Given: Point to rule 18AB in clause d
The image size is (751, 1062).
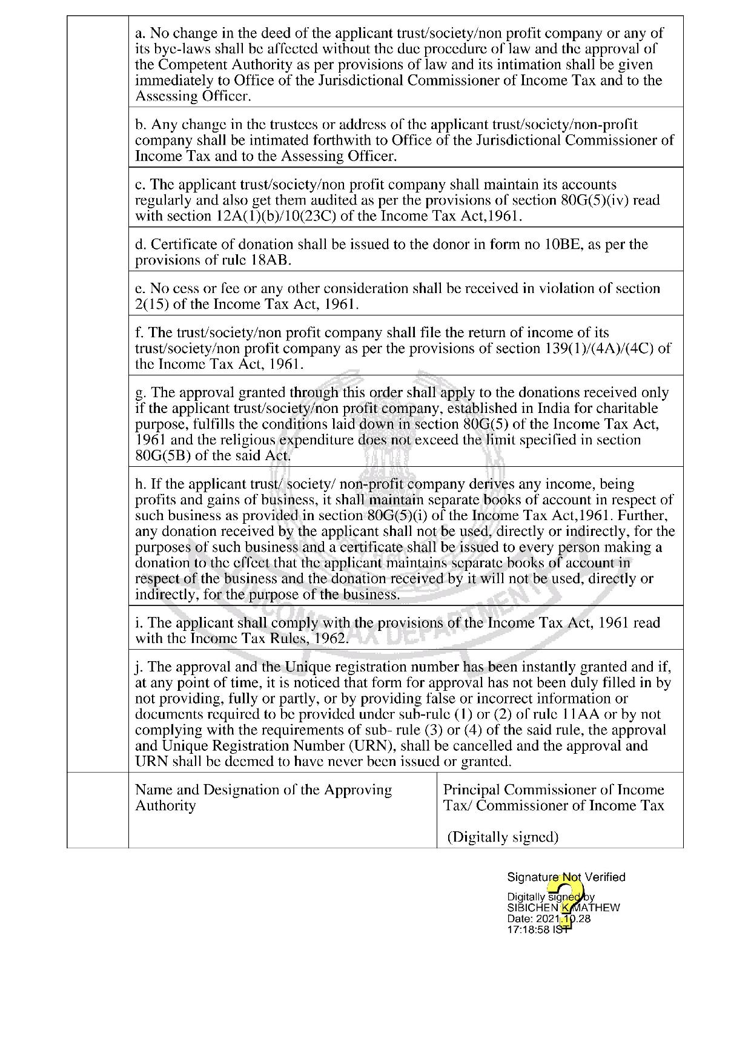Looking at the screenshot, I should point(271,260).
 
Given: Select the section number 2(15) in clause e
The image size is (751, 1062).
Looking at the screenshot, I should point(152,304).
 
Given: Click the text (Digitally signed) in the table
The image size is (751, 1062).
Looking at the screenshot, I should point(503,837).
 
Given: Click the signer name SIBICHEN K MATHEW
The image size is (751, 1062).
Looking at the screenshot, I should point(563,908).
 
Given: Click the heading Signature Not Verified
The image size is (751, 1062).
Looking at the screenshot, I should point(566,877).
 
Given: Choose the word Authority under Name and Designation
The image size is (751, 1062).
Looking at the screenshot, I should point(165,806).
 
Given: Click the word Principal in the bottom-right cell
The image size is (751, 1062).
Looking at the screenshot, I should point(472,790).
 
